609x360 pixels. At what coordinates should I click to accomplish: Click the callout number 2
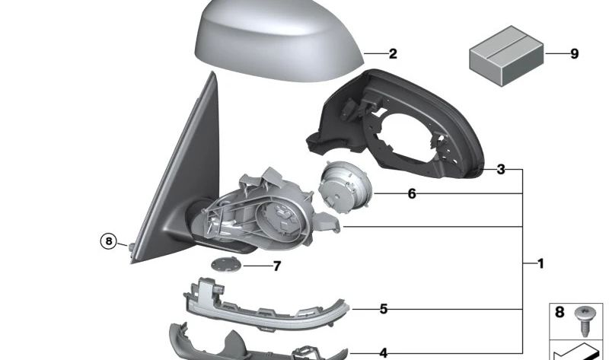pos(393,54)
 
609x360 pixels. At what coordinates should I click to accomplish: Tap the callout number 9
pos(574,53)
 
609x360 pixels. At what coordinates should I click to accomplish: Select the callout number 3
pos(500,169)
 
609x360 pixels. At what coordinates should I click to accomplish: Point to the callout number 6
pos(412,194)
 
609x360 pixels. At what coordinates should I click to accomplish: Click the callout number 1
pos(540,264)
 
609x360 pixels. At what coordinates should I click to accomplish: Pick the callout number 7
pos(276,266)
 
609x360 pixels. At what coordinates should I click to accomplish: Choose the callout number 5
pos(384,309)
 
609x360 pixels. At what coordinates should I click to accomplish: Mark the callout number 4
pos(384,353)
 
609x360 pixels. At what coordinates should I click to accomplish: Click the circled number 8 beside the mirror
pos(109,241)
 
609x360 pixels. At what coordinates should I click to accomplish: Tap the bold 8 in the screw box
pos(560,313)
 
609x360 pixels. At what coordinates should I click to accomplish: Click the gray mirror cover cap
pos(277,44)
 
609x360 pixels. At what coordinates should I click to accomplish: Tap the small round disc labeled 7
pos(225,264)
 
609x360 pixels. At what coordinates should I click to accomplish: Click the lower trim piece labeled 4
pos(244,343)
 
